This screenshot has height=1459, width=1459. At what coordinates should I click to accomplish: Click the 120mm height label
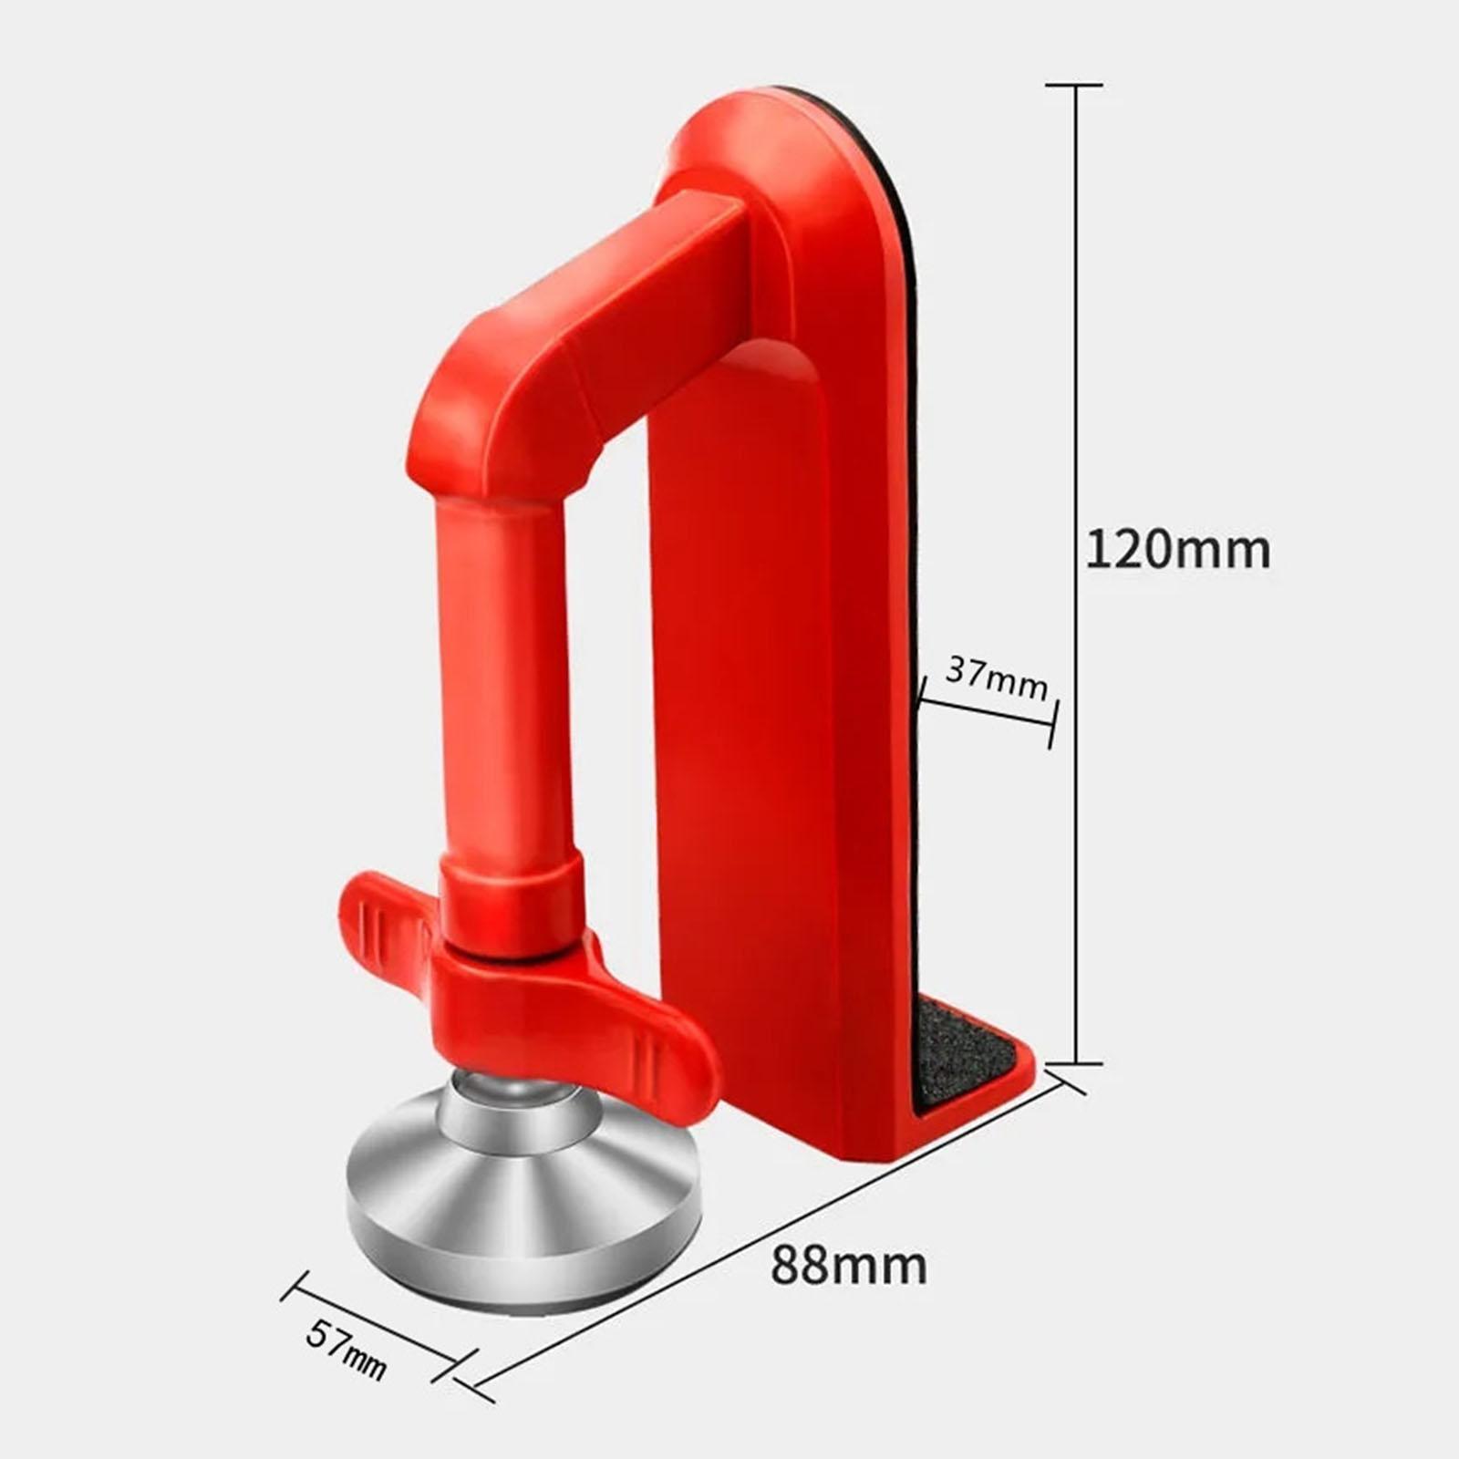tap(1177, 551)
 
